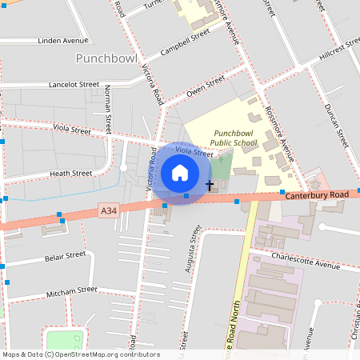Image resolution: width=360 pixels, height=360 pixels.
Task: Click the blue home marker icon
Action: point(180,172)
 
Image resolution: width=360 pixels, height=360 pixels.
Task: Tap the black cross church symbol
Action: point(210,186)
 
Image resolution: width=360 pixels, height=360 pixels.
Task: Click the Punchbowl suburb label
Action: point(107,58)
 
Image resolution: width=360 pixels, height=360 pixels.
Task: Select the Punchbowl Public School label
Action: point(234,138)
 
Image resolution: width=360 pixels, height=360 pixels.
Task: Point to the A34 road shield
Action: point(110,210)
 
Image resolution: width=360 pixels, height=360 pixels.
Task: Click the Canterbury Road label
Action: point(317,195)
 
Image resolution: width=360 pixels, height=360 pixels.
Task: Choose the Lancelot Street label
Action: point(74,84)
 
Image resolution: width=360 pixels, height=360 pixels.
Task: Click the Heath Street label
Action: point(70,173)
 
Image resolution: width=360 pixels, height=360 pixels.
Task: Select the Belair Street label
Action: point(65,256)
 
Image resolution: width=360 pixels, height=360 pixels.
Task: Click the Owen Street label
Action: point(206,86)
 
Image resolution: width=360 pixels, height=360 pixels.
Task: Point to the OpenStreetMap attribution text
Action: point(80,354)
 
